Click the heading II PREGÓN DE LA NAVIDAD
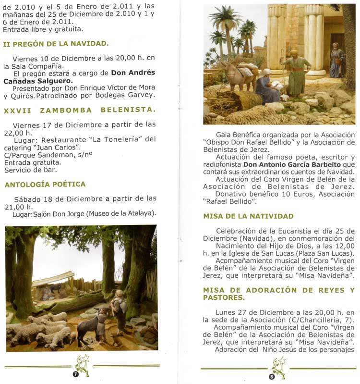click(55, 44)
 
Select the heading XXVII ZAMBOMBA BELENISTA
click(80, 110)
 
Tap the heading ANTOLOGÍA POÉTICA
click(45, 184)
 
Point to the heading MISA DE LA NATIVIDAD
click(248, 216)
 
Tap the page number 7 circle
click(75, 375)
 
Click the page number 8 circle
click(272, 377)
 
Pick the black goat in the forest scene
click(87, 323)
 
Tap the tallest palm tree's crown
click(225, 16)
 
